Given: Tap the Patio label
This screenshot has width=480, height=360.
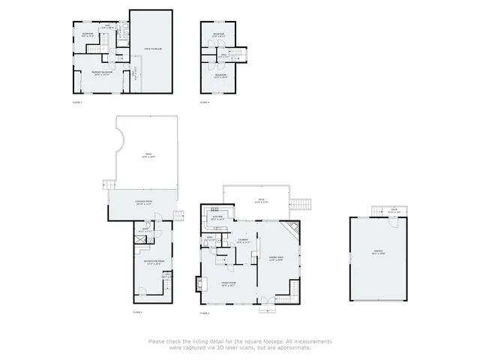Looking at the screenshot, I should (148, 156).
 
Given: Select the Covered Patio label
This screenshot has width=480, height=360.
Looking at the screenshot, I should (144, 203).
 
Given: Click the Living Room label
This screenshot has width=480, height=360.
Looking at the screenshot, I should (228, 284).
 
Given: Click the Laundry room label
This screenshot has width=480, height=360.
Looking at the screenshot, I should (243, 241).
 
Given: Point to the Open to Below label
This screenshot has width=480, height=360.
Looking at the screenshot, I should (153, 48).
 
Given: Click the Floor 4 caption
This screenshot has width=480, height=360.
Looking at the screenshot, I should (205, 102).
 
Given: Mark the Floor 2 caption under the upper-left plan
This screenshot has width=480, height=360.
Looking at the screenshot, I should (76, 101).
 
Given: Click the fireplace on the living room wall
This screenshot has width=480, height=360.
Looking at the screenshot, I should (199, 283).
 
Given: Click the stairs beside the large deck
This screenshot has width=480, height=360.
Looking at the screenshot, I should (300, 204).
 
